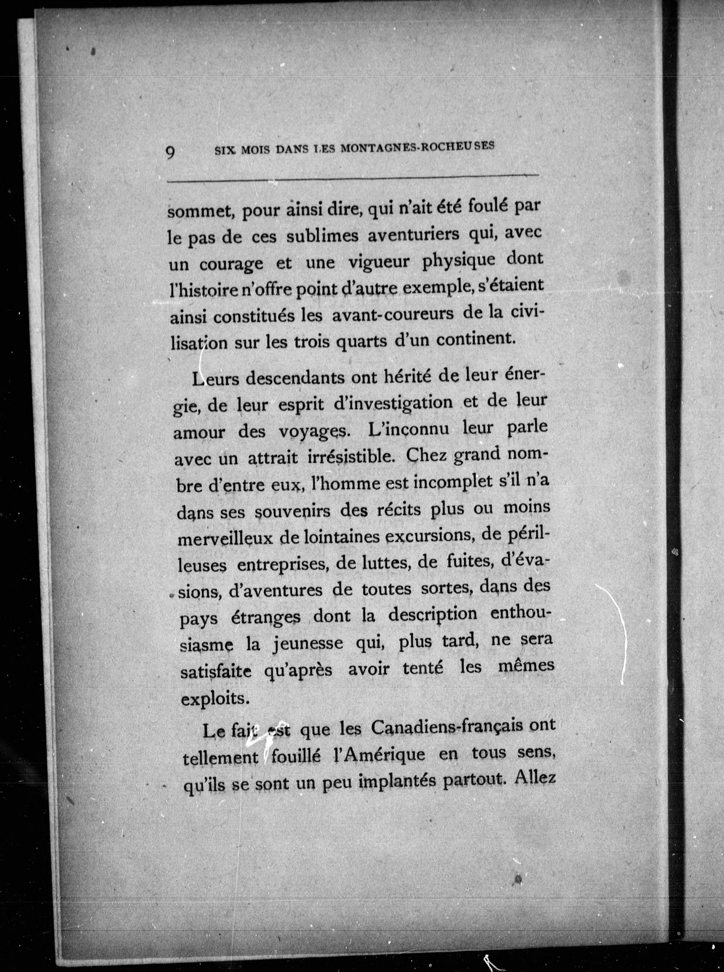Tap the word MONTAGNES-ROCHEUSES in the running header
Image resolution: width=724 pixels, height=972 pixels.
pos(417,147)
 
